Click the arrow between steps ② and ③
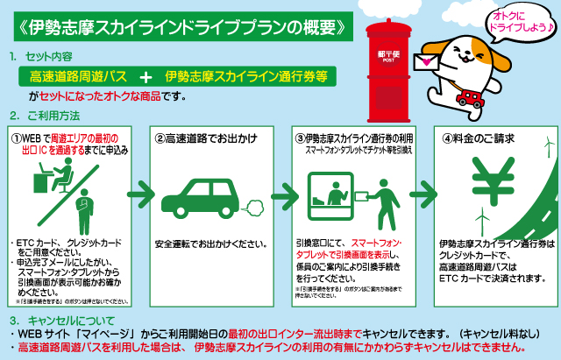[x=280, y=191]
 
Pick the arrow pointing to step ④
[x=421, y=191]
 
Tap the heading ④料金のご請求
[x=479, y=138]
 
